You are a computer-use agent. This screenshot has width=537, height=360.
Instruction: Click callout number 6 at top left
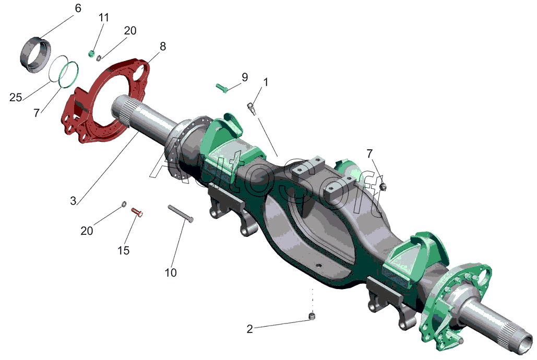click(x=78, y=8)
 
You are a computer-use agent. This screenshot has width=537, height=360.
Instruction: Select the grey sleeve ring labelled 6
click(x=36, y=54)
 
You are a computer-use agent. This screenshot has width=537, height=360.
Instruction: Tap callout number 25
click(x=16, y=98)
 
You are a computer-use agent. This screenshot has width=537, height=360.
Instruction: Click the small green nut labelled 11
click(x=91, y=53)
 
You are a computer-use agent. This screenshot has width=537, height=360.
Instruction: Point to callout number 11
click(x=104, y=17)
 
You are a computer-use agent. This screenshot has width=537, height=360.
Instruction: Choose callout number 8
click(x=163, y=46)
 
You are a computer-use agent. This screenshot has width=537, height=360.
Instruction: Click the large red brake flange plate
click(x=105, y=101)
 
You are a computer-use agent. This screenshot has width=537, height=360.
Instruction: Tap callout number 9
click(x=245, y=77)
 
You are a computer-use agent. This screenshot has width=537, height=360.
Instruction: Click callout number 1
click(x=266, y=82)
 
